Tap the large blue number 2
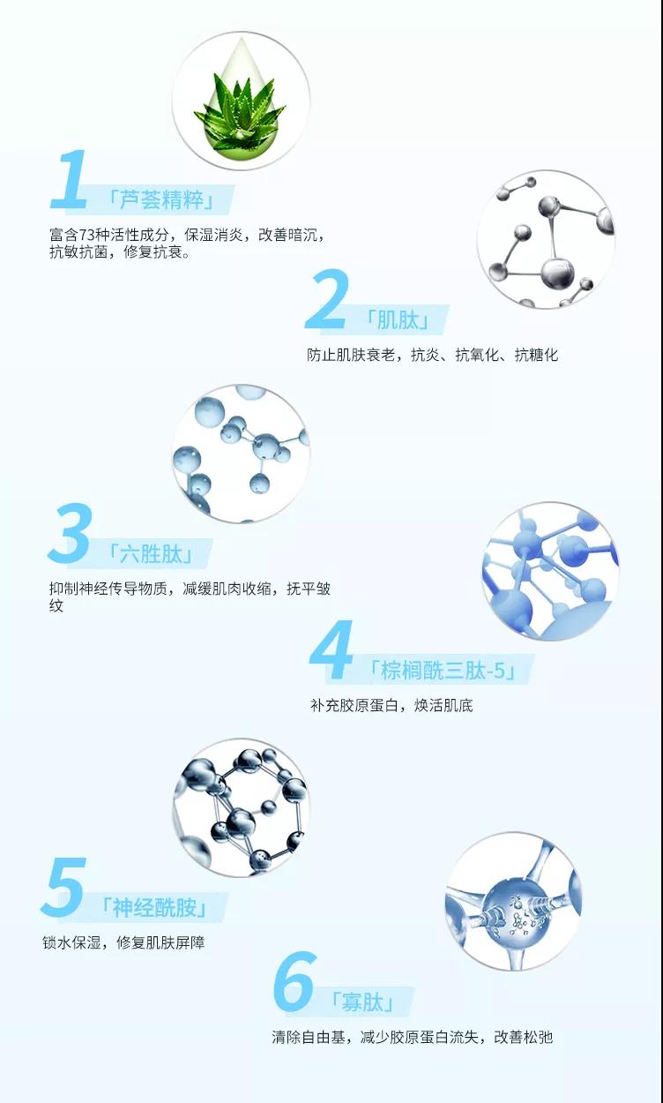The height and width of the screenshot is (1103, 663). click(327, 299)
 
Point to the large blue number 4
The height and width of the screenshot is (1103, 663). click(331, 650)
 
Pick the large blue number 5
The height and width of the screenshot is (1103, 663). click(64, 886)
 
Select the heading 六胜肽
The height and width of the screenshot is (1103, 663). click(151, 554)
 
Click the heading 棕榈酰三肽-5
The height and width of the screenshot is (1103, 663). click(443, 670)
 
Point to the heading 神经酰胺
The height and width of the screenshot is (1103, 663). click(154, 908)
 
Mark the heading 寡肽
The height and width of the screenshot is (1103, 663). click(362, 1002)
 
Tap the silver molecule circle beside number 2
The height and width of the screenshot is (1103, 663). click(546, 239)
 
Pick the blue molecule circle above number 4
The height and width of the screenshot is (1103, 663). click(550, 571)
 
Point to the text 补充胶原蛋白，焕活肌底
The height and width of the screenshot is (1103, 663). click(391, 706)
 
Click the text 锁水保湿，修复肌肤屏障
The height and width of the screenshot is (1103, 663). click(123, 943)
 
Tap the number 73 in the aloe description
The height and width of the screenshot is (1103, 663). click(87, 235)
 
